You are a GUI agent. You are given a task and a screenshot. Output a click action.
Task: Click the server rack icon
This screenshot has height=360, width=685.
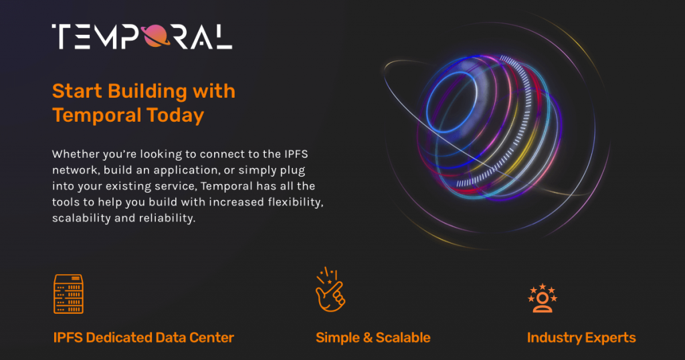(x=68, y=294)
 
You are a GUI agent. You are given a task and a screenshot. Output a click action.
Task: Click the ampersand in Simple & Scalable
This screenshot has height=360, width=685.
(x=367, y=338)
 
